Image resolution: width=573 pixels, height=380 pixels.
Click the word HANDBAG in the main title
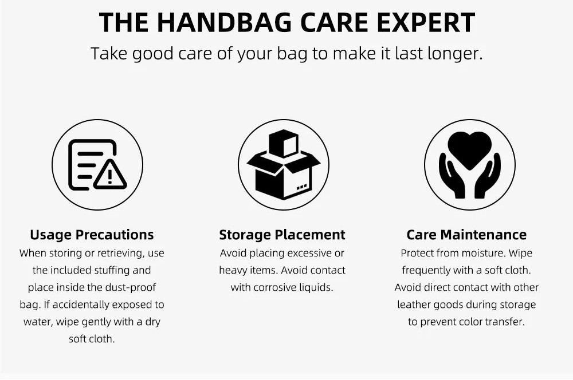pos(225,23)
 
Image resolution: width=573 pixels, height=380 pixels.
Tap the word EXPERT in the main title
pos(426,23)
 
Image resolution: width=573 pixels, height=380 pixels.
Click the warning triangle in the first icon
pos(110,175)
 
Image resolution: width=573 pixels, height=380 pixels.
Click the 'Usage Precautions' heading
pos(92,234)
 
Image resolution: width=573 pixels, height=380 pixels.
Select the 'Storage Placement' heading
pos(282,234)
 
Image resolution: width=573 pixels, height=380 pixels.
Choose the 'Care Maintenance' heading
pos(466,234)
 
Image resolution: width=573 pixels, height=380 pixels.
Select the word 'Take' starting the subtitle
pos(108,54)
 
